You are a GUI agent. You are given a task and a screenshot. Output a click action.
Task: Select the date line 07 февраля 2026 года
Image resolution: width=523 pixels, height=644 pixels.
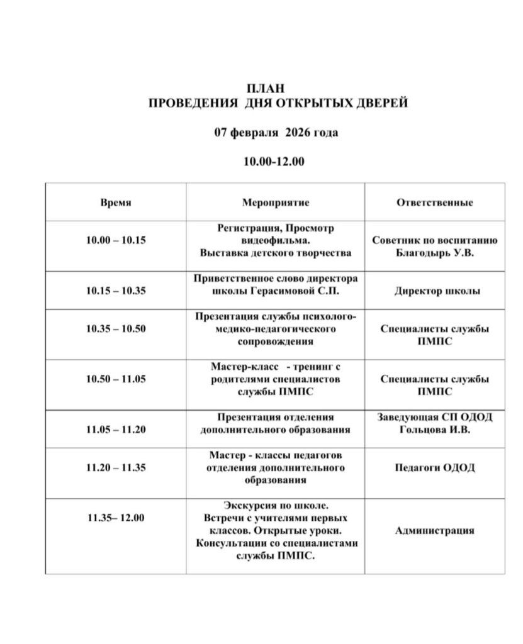pyautogui.click(x=276, y=133)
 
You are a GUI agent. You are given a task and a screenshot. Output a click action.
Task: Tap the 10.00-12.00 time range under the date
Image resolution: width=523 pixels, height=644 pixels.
pyautogui.click(x=274, y=162)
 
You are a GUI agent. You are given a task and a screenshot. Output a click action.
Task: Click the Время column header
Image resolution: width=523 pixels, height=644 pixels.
pyautogui.click(x=116, y=203)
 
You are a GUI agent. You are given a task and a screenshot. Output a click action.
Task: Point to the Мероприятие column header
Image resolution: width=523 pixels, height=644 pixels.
pyautogui.click(x=276, y=203)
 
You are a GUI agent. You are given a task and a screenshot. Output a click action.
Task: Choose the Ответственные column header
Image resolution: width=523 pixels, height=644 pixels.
pyautogui.click(x=434, y=203)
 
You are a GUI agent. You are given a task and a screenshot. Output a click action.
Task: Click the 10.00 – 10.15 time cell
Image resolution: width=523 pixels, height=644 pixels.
pyautogui.click(x=116, y=240)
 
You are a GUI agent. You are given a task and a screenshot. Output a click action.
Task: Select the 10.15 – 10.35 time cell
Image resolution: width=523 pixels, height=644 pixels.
pyautogui.click(x=116, y=291)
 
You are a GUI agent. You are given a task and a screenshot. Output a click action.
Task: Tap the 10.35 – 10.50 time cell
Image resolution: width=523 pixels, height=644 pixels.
pyautogui.click(x=116, y=328)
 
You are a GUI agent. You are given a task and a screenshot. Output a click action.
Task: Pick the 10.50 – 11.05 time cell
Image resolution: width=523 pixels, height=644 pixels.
pyautogui.click(x=116, y=379)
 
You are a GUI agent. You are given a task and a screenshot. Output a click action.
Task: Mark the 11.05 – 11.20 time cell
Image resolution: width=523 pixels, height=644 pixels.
pyautogui.click(x=116, y=430)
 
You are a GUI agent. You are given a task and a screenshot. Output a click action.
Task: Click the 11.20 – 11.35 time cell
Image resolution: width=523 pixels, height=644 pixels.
pyautogui.click(x=116, y=467)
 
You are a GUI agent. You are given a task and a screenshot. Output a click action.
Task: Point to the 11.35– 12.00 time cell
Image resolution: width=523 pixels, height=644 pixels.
pyautogui.click(x=116, y=518)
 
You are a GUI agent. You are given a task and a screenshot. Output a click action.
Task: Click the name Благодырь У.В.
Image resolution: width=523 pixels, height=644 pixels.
pyautogui.click(x=434, y=253)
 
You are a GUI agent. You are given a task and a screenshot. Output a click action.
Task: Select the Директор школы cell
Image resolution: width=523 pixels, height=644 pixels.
pyautogui.click(x=434, y=291)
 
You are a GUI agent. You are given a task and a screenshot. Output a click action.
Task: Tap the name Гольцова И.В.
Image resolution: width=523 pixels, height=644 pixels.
pyautogui.click(x=434, y=430)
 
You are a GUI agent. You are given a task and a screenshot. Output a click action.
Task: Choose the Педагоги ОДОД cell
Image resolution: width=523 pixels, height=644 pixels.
pyautogui.click(x=434, y=467)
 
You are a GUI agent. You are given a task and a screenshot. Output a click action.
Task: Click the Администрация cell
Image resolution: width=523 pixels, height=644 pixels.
pyautogui.click(x=434, y=531)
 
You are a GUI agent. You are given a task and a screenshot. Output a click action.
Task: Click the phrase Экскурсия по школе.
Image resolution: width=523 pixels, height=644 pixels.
pyautogui.click(x=276, y=506)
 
